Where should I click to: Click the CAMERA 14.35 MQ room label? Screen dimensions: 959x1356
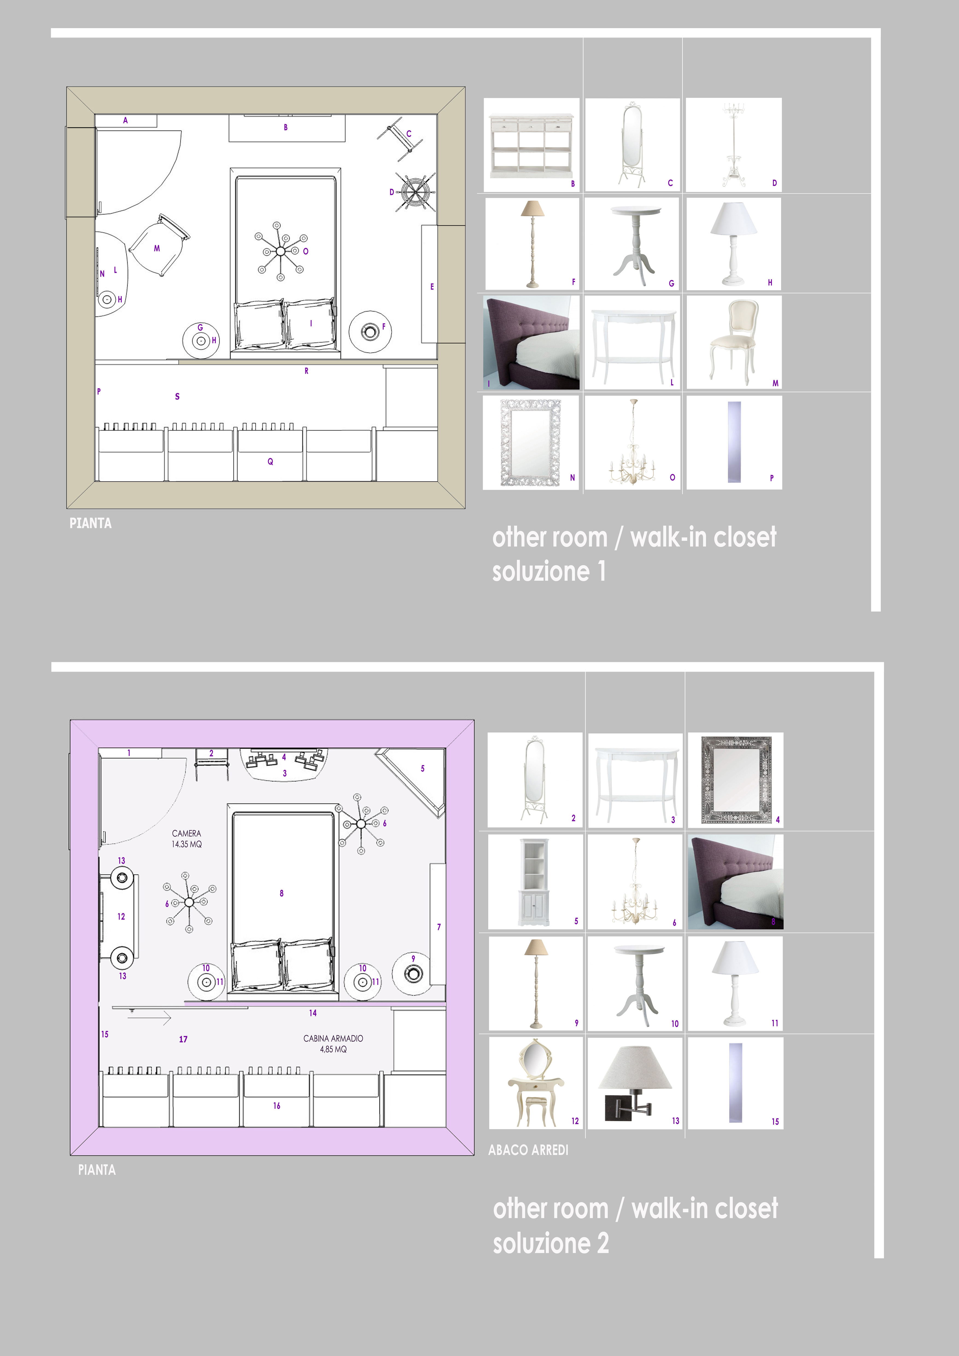(187, 839)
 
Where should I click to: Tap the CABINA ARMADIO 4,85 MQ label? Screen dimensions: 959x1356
(333, 1044)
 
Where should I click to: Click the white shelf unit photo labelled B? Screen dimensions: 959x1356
(531, 145)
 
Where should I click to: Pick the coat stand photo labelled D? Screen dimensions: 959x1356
(733, 145)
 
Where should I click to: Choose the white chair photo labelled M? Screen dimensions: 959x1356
(734, 342)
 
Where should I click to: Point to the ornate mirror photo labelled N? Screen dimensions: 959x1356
(530, 442)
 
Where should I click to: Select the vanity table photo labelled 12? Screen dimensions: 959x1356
(536, 1083)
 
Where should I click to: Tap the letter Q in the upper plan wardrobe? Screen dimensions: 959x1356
(270, 462)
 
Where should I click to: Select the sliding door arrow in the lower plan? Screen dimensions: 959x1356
(150, 1018)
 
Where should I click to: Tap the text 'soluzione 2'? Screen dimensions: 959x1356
(551, 1243)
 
